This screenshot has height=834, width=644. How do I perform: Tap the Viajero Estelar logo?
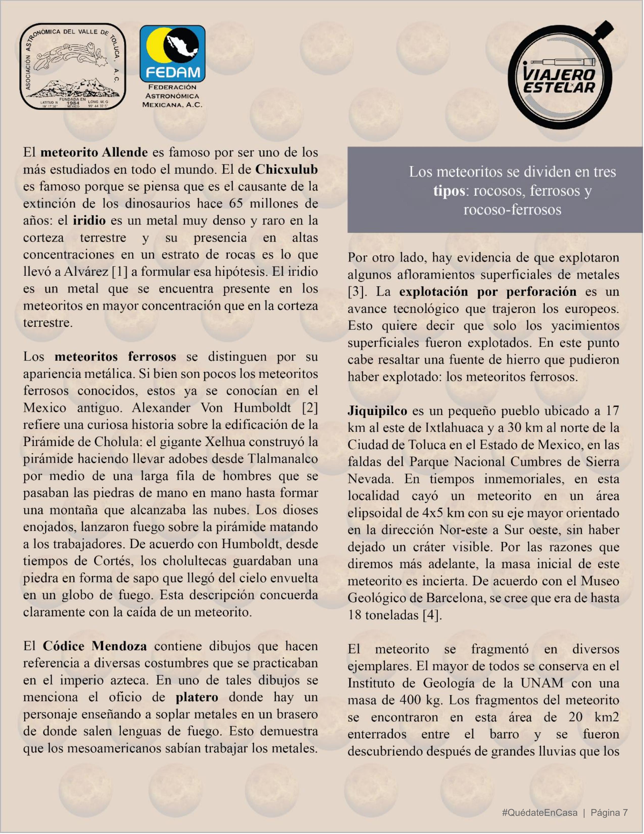coord(560,76)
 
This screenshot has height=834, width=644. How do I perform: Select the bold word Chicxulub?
coord(286,169)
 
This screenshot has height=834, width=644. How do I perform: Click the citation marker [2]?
coord(310,408)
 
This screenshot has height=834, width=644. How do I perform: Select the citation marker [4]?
coord(432,615)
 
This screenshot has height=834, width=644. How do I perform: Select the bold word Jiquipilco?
coord(377,411)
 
